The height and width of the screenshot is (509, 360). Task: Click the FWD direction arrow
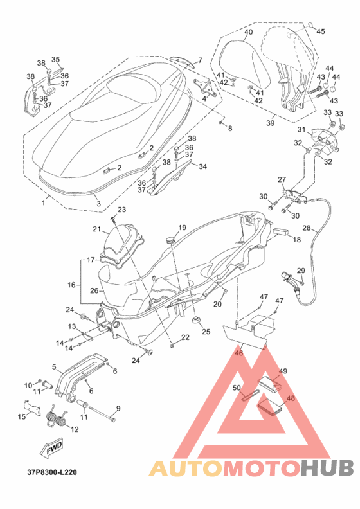[x=51, y=449]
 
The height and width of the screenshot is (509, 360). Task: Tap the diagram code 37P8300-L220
[x=52, y=472]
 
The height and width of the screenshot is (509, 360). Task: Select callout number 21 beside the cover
[x=96, y=229]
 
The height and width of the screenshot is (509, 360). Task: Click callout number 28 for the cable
[x=307, y=228]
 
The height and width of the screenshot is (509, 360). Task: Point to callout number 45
[x=320, y=31]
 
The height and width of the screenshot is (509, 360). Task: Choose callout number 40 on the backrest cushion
[x=248, y=32]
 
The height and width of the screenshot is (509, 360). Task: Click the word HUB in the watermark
[x=327, y=468]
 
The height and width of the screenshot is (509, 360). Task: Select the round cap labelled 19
[x=170, y=240]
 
